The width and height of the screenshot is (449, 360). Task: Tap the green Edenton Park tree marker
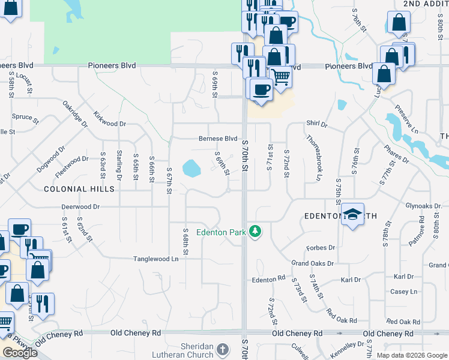coord(256,231)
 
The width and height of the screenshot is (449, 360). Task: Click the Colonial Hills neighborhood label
coord(79,188)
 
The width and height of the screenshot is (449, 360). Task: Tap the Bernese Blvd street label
coord(218,138)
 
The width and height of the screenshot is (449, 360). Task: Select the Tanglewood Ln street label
coord(156,259)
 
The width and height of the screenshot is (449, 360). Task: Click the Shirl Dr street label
coord(317,124)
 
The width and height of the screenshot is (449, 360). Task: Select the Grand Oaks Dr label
coord(312,263)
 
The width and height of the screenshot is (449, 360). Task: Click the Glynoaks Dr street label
coord(427,205)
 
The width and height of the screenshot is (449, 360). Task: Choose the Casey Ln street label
coord(404,292)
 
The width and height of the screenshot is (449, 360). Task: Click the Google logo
coord(19,353)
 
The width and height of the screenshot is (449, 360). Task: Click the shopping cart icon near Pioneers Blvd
coord(280,76)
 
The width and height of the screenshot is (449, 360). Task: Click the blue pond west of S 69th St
coord(191,168)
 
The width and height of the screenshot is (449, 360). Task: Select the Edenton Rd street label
coord(268,279)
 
